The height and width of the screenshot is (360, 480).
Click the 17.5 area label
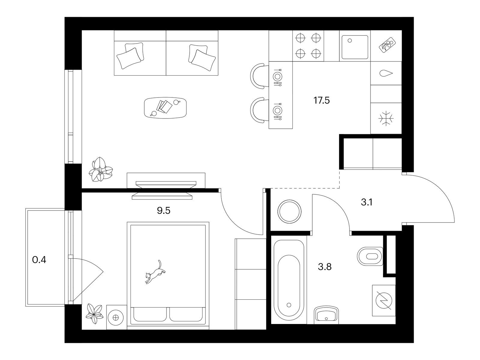tap(321, 100)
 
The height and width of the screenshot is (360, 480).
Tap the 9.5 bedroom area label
tap(163, 211)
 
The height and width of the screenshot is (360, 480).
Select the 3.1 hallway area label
tap(367, 202)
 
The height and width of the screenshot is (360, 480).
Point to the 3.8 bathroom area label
tap(325, 267)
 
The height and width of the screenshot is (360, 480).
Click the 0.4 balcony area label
tap(39, 260)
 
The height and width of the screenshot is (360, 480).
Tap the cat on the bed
tap(155, 272)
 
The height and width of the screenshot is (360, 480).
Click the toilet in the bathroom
tap(370, 256)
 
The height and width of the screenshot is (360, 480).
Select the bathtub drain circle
tap(289, 305)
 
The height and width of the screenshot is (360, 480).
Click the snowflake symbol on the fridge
tap(386, 119)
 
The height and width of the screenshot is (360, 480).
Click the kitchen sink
tap(355, 47)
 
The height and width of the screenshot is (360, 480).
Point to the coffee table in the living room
tap(166, 108)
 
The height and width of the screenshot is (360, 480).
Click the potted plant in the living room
tap(101, 169)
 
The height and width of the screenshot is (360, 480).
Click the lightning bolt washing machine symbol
tap(384, 300)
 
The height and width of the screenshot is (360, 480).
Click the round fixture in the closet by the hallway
tap(289, 211)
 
